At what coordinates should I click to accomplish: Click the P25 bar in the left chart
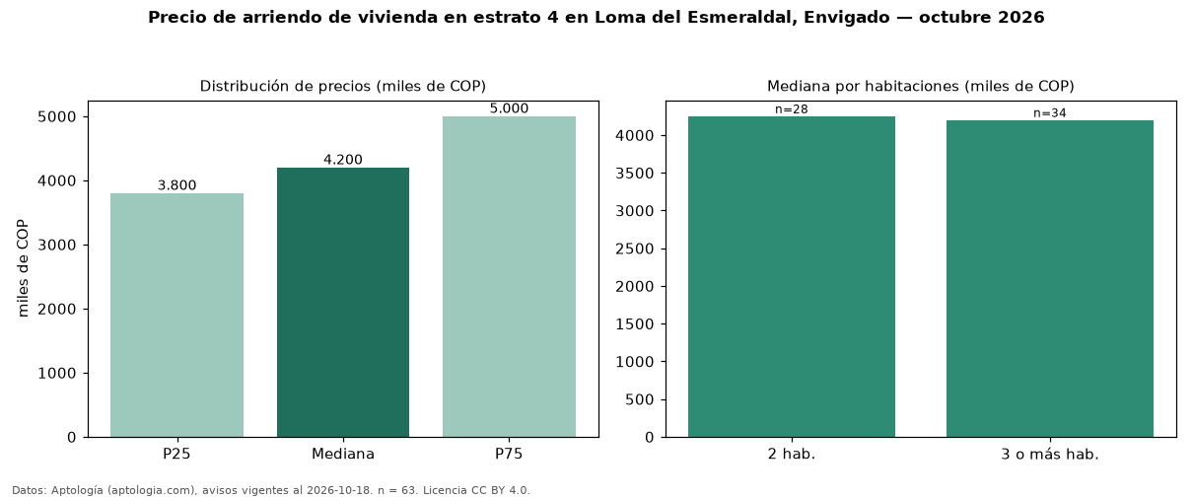176,316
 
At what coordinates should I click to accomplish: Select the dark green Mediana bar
343,303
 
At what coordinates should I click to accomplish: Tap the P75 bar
509,277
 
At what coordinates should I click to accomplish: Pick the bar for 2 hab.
792,277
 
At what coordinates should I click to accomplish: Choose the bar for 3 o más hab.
1050,279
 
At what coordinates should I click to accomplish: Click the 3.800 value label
176,185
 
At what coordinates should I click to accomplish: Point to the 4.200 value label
343,160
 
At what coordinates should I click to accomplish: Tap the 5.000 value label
509,108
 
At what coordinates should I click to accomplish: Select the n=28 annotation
792,109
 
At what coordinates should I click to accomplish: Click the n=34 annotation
1050,112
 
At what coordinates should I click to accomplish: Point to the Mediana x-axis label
343,455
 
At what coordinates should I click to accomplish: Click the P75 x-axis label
509,454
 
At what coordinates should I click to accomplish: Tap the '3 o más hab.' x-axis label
1050,455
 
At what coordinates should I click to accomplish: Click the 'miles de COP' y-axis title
23,268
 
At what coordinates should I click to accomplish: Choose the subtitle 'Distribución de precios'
285,86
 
